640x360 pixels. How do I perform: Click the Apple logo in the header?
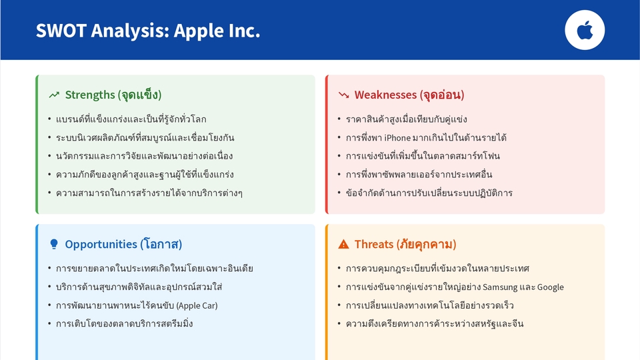[x=585, y=31]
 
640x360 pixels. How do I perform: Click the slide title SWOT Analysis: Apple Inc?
[x=148, y=31]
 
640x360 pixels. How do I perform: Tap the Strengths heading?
[x=113, y=95]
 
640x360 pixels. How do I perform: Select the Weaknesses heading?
[x=409, y=95]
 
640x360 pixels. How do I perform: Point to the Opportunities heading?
[x=123, y=244]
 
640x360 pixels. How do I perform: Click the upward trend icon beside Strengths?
[x=54, y=95]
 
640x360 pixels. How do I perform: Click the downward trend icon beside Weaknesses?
[x=343, y=95]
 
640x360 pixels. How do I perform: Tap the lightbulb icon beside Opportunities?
[x=54, y=244]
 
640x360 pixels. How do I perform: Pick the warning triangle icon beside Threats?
[x=343, y=244]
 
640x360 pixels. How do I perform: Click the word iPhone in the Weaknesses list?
[x=397, y=138]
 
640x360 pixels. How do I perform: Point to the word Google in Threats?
[x=550, y=287]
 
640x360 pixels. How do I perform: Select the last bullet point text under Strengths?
[x=149, y=193]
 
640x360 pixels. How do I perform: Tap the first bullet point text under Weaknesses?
[x=406, y=119]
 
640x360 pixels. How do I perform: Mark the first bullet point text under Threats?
[x=437, y=269]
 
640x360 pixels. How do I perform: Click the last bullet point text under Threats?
[x=435, y=324]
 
